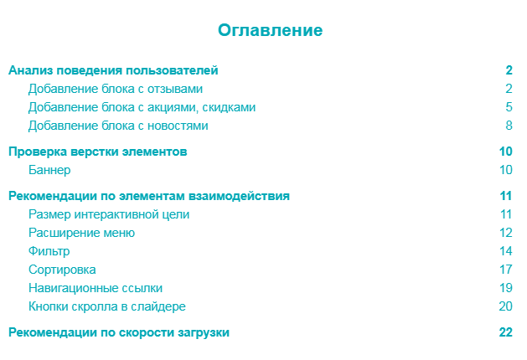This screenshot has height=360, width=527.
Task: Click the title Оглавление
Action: [x=270, y=31]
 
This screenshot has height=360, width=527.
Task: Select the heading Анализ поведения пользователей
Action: [x=113, y=70]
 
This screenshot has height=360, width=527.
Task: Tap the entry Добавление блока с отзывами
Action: [x=116, y=89]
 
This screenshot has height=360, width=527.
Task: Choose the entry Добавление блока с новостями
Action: [x=118, y=126]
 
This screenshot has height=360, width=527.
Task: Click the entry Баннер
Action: [x=49, y=170]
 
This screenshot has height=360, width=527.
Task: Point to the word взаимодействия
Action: [x=244, y=196]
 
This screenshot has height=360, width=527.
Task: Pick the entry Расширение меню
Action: [x=81, y=233]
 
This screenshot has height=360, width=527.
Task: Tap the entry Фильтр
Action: [x=49, y=251]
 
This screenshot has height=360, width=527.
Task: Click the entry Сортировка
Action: [x=62, y=270]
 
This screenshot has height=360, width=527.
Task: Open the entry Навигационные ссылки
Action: [x=96, y=288]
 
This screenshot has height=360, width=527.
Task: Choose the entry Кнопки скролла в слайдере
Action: [x=107, y=306]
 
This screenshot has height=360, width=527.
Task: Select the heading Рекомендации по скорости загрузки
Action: [x=118, y=332]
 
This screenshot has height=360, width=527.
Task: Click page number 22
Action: [x=505, y=332]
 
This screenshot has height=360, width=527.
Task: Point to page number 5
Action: [x=509, y=107]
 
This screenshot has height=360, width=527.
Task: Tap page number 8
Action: [x=509, y=126]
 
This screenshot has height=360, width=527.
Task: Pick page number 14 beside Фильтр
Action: [x=505, y=251]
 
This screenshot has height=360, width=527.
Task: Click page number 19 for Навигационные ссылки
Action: [x=505, y=288]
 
